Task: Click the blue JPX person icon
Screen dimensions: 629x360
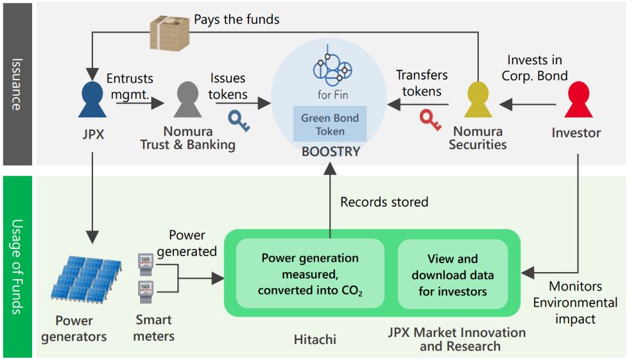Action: (92, 99)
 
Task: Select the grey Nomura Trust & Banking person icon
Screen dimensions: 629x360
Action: (187, 99)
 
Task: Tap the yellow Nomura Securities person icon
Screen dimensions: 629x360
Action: (478, 99)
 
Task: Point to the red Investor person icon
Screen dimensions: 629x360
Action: (578, 99)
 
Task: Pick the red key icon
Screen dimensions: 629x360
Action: (431, 120)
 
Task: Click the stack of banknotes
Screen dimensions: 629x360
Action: (169, 33)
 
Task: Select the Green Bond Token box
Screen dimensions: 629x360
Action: (330, 124)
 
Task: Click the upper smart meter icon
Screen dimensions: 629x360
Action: (146, 264)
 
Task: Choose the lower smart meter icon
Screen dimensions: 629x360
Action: (146, 292)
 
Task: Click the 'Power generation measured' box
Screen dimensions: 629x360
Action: (310, 274)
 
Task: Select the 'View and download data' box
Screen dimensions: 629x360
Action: (452, 275)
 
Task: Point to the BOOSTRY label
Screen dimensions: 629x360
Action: (331, 151)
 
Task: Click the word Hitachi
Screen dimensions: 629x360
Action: (315, 339)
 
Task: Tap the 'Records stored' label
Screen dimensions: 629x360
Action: (384, 201)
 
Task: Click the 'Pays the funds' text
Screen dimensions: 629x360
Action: (237, 19)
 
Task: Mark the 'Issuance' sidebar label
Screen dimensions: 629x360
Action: (17, 84)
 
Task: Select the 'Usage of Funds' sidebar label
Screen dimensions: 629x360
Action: (17, 266)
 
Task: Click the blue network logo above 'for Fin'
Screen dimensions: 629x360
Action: (332, 65)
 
